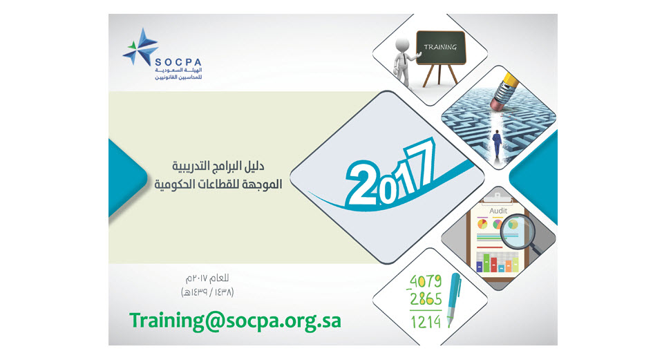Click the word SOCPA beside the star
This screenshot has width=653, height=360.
click(x=178, y=62)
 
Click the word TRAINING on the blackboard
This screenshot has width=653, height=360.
click(x=440, y=47)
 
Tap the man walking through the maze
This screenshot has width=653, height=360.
click(x=497, y=143)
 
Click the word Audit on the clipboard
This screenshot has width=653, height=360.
click(x=498, y=211)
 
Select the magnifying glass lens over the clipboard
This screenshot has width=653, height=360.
click(x=514, y=231)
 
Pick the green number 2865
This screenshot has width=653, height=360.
click(x=426, y=299)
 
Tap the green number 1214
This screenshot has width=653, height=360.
click(x=426, y=322)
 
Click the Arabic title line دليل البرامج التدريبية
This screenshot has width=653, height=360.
click(x=218, y=167)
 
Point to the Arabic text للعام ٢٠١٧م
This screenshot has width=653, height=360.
click(x=207, y=278)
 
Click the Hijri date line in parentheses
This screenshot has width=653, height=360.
click(x=207, y=292)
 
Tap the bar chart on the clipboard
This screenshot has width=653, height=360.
click(x=498, y=262)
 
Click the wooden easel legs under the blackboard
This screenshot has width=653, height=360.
click(x=440, y=75)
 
